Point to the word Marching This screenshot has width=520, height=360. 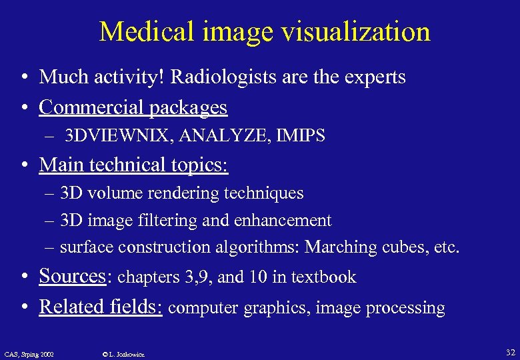[341, 247]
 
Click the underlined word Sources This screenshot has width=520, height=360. [73, 276]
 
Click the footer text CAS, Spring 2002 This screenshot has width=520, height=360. [29, 353]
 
